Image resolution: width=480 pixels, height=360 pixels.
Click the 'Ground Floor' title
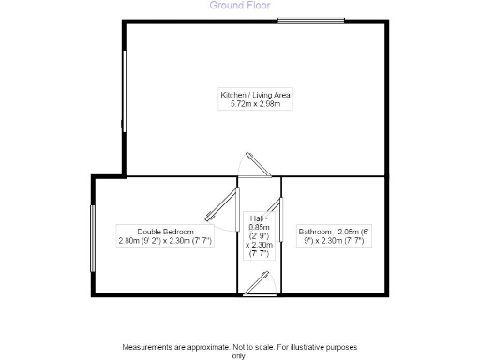[241, 5]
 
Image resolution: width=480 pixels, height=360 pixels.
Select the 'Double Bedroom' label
[165, 232]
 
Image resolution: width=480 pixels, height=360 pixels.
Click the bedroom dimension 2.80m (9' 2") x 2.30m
[165, 241]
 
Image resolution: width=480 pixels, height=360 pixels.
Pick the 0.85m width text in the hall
[259, 227]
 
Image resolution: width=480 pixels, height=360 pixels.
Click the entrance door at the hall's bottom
[259, 286]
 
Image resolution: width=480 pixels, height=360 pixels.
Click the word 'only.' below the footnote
[240, 356]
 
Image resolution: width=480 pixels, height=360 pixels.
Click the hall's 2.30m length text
[261, 245]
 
